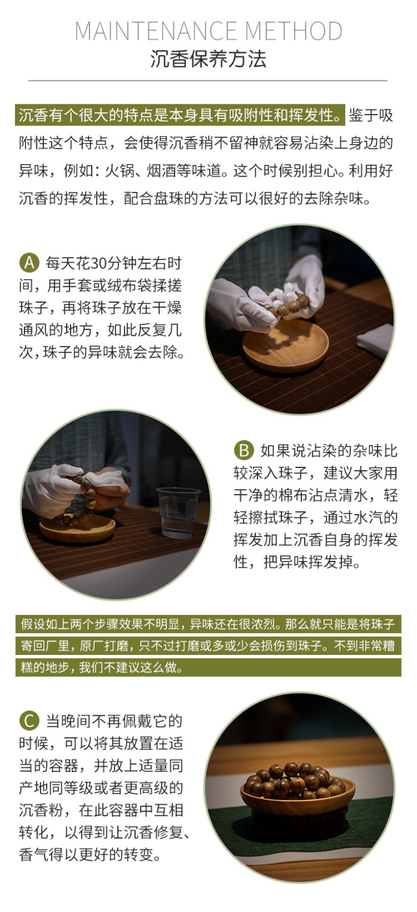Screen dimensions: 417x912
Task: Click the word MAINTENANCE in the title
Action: point(157,31)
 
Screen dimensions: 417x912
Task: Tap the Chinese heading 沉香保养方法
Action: point(208,59)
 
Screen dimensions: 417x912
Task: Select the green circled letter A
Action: point(29,263)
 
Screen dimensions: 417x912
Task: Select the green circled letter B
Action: point(244,450)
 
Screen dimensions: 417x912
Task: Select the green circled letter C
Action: point(29,721)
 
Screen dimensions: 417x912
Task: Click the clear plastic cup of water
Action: point(178,512)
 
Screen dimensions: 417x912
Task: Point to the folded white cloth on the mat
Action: point(375,341)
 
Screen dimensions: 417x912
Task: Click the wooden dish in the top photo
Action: point(285,345)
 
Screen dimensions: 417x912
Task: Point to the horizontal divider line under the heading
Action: point(208,80)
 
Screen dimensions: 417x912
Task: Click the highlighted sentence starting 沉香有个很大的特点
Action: point(180,115)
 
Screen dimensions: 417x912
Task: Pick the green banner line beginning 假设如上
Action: point(208,624)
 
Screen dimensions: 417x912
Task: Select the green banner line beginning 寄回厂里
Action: point(208,646)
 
